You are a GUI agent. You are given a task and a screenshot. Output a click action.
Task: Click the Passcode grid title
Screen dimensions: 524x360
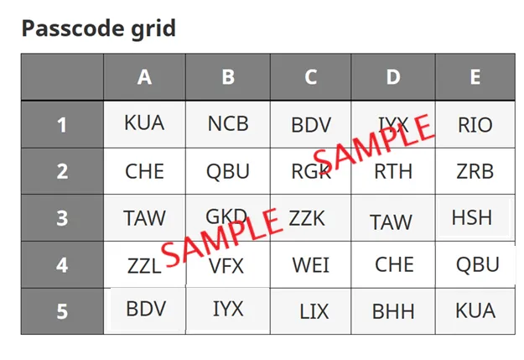(98, 29)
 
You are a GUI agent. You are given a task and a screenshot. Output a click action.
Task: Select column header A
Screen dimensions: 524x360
(144, 77)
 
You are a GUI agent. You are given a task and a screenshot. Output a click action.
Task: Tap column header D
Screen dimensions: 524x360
(393, 77)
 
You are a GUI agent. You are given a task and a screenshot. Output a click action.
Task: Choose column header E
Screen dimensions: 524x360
(475, 77)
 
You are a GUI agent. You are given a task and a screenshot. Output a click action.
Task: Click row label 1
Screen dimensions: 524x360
(62, 125)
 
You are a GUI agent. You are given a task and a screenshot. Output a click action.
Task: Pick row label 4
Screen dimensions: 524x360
(62, 265)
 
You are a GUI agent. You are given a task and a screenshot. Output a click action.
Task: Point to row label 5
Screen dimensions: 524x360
(62, 311)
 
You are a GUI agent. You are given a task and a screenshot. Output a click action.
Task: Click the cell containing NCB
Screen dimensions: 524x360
(228, 123)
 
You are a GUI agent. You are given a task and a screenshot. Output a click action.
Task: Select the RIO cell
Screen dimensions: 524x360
(475, 125)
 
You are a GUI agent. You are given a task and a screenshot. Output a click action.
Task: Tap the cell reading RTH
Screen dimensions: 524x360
(393, 171)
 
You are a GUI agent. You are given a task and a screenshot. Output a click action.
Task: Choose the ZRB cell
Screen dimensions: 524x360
(475, 171)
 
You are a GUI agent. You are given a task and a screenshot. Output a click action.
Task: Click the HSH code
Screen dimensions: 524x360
(472, 217)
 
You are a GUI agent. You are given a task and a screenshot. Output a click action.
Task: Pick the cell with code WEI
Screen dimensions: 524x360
(310, 265)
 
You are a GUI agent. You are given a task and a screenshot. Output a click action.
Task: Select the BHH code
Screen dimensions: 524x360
(393, 311)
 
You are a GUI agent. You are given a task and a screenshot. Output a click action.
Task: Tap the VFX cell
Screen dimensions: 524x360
(227, 266)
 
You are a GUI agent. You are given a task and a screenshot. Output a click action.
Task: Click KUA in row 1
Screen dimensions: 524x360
(144, 123)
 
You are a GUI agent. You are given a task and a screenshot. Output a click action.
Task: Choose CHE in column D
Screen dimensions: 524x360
(394, 264)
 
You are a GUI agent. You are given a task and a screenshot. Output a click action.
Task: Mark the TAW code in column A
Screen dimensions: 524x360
(144, 218)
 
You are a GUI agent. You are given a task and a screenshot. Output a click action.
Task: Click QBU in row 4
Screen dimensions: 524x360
(478, 264)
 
